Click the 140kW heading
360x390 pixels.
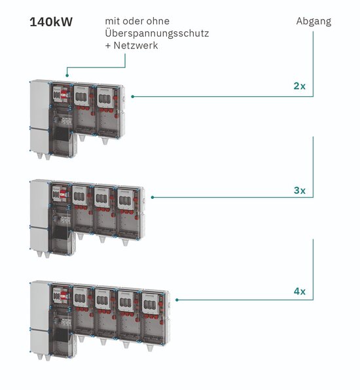51,22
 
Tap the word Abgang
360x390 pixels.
314,22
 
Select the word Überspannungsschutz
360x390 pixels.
157,33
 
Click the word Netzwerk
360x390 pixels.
136,46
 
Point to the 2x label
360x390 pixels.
300,86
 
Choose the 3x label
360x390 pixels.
300,190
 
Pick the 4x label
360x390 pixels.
300,291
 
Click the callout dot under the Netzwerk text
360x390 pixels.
67,75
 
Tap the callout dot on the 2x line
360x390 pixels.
133,96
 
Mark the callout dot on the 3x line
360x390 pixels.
153,197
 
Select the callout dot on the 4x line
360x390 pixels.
177,300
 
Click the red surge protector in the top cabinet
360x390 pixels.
64,95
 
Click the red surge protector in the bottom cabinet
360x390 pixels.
63,296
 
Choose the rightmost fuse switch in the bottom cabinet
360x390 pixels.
150,303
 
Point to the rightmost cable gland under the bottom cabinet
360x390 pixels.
149,347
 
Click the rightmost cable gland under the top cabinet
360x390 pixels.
105,141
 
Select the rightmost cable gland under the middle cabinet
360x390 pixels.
125,242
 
